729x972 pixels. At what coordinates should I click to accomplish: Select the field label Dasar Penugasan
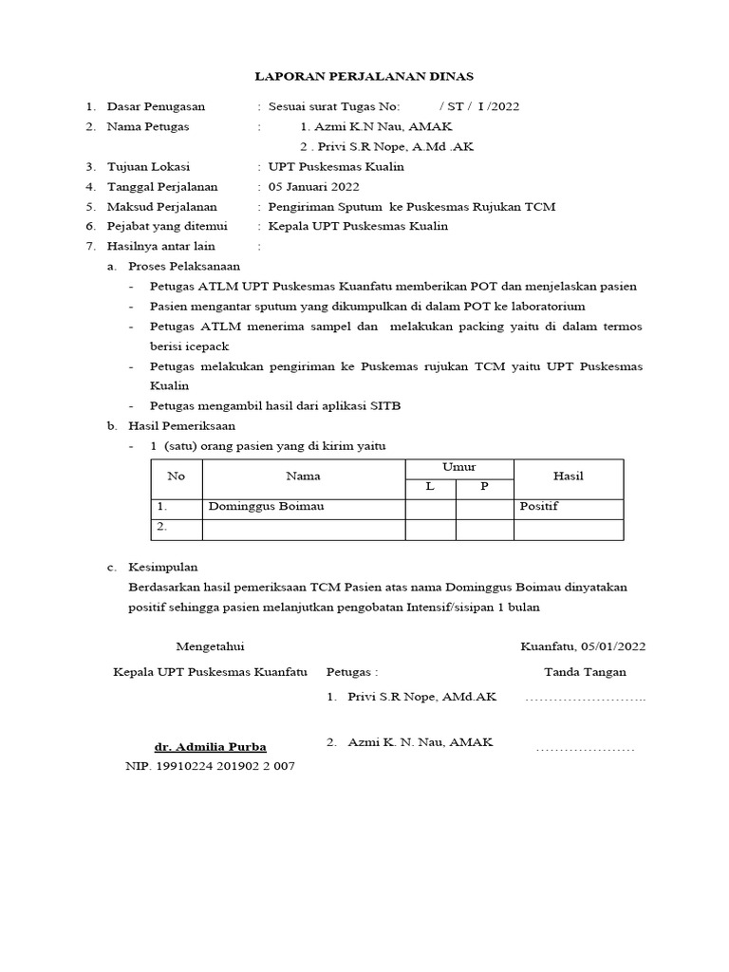pos(156,105)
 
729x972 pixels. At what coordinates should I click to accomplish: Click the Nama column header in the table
pos(304,476)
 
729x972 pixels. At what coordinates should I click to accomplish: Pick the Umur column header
pos(458,467)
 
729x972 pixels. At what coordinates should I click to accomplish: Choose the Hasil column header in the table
pos(568,476)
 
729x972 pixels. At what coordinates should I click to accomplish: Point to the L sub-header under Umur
pos(430,486)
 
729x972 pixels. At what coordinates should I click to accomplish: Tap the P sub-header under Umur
pos(484,486)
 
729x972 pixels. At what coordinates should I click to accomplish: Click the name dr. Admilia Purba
pos(211,745)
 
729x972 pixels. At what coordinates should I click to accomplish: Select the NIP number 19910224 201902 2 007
pos(210,765)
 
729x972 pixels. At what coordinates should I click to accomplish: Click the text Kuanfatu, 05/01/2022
pos(583,646)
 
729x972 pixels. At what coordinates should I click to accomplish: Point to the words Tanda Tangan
pos(584,672)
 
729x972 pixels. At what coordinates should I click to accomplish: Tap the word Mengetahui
pos(210,646)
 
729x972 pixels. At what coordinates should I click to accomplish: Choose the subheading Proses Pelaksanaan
pos(184,266)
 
